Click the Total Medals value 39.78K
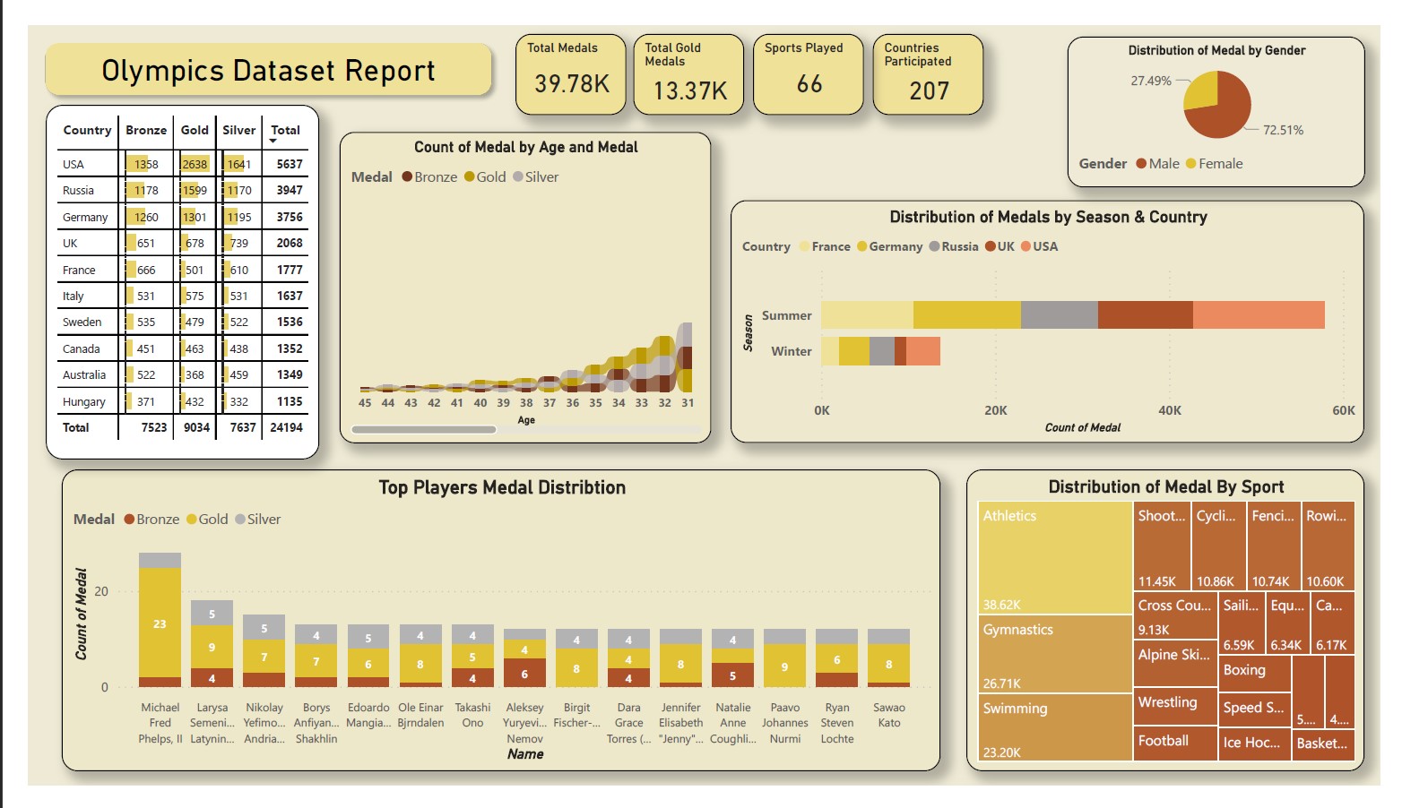(571, 84)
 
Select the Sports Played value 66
(809, 84)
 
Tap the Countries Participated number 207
(929, 90)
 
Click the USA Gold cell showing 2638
(195, 164)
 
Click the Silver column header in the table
(238, 130)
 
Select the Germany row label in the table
(85, 217)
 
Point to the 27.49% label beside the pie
(1150, 81)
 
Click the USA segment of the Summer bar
(1258, 315)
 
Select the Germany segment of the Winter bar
(853, 351)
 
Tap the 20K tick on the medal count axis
(995, 410)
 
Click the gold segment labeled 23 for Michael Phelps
(160, 623)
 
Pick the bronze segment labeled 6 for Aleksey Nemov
(524, 674)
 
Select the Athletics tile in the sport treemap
(1054, 555)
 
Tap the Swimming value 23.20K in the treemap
(1001, 752)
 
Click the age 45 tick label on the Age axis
(365, 403)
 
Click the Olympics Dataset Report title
(268, 71)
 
